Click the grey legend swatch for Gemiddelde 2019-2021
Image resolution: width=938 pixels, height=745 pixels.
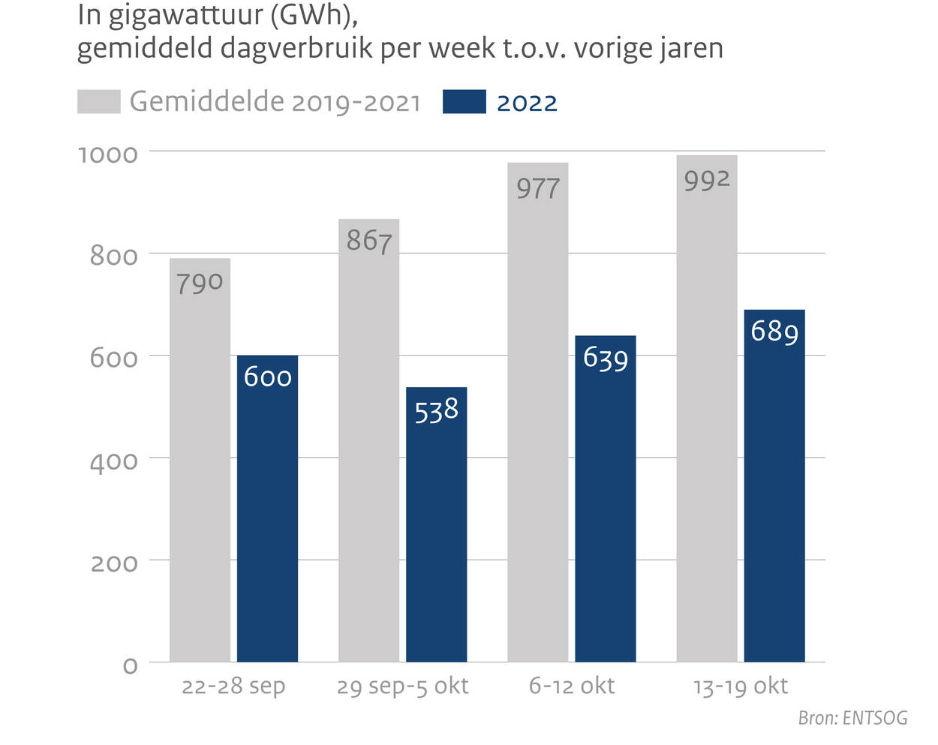click(98, 102)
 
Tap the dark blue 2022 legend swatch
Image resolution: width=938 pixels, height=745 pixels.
click(464, 102)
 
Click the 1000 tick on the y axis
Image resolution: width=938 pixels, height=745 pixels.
click(108, 155)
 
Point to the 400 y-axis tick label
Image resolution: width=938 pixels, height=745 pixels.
click(114, 461)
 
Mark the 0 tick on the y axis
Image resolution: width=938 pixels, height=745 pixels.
click(130, 665)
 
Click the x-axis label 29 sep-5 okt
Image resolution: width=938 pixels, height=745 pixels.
click(402, 686)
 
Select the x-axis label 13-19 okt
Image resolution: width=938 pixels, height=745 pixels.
click(740, 686)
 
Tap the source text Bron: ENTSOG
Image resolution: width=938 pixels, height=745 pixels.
click(852, 718)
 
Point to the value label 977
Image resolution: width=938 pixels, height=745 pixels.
click(538, 188)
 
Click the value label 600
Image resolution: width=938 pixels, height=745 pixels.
click(267, 377)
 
